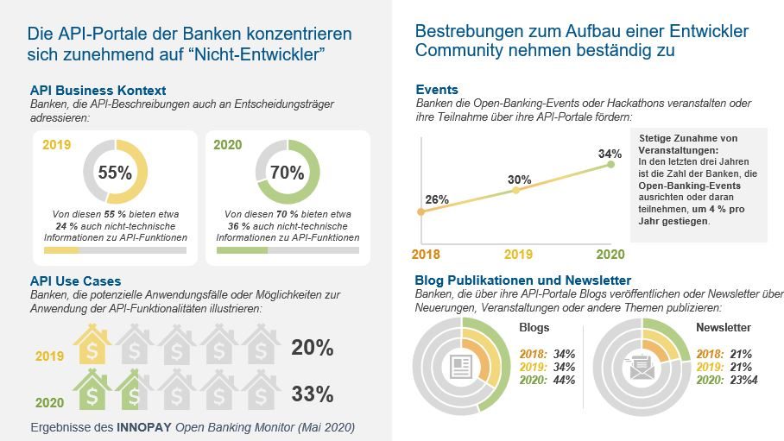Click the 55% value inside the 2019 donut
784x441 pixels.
point(115,172)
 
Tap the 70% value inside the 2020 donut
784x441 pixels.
point(288,172)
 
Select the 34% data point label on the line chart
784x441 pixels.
point(610,154)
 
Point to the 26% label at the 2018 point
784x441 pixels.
point(437,199)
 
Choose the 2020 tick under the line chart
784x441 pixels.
point(610,254)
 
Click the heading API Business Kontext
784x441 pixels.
point(98,90)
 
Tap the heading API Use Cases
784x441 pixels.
point(75,280)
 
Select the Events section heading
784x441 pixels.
point(436,89)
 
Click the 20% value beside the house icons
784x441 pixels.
point(312,348)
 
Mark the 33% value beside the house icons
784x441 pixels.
point(312,394)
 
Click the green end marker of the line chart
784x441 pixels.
point(611,164)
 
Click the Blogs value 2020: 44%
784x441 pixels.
point(547,381)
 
